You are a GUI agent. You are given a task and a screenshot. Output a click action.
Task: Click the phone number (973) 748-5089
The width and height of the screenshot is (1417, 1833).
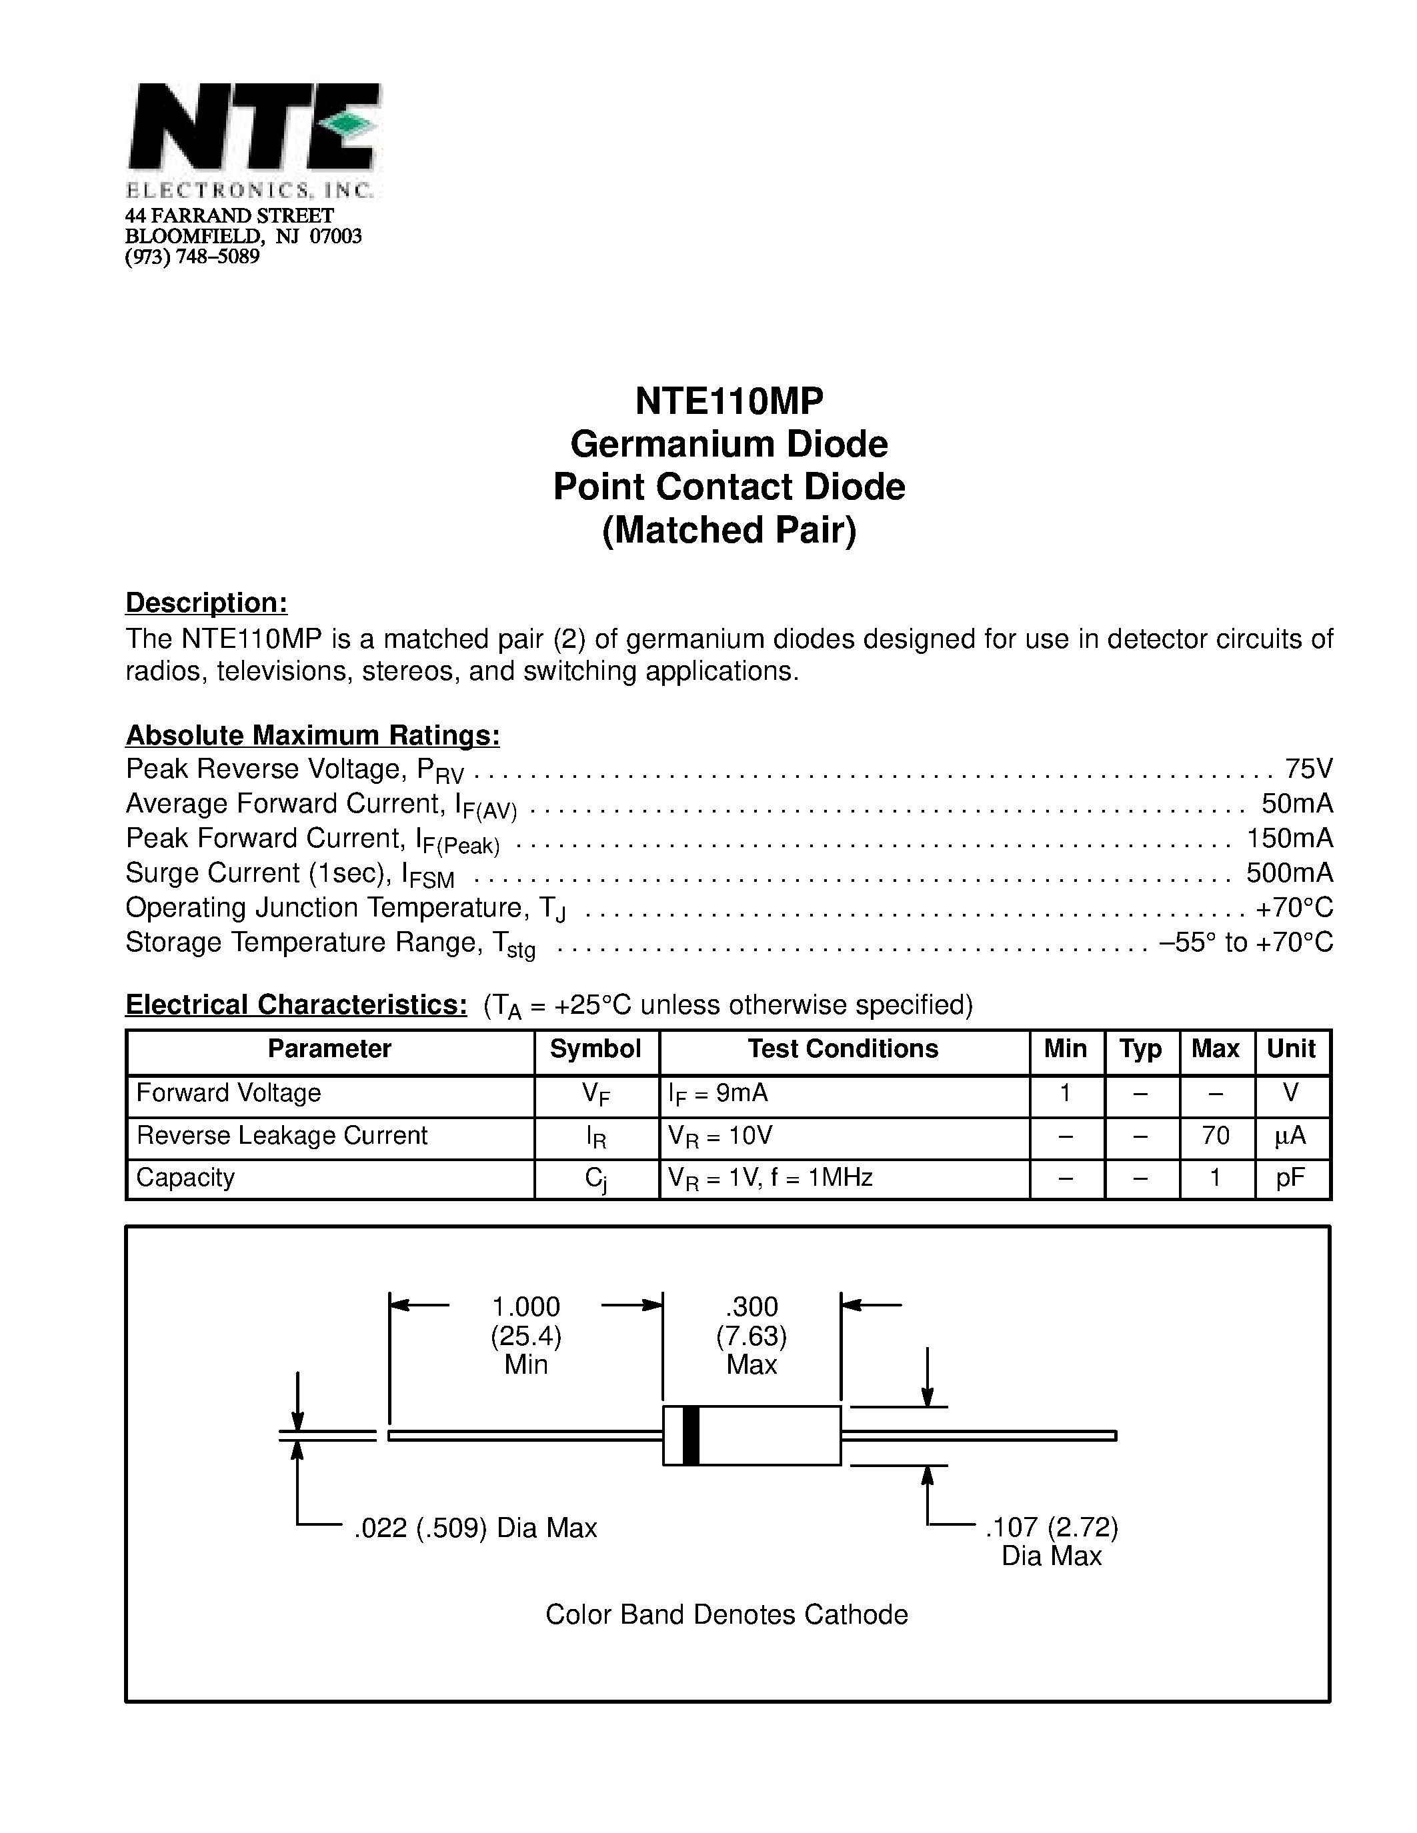192,257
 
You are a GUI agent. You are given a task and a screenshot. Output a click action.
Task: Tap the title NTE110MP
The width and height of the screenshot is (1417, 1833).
729,401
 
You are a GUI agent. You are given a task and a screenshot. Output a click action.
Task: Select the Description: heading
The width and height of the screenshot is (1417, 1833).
207,603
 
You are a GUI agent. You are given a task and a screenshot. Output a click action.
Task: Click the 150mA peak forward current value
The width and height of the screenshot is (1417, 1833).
1290,839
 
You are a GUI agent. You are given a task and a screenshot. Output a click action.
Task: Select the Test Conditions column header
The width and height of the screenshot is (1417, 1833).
843,1049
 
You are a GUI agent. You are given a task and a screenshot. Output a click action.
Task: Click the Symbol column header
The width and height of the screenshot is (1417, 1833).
595,1049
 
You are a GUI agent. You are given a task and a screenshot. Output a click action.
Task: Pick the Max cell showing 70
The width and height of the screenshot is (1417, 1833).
1216,1136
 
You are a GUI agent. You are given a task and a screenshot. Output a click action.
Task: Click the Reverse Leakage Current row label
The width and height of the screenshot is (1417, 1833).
282,1136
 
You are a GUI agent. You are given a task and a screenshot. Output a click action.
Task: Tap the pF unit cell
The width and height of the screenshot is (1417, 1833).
1290,1178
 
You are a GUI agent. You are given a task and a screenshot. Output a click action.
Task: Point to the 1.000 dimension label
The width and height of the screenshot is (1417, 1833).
525,1307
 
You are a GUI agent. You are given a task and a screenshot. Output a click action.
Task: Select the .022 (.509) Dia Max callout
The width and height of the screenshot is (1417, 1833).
475,1528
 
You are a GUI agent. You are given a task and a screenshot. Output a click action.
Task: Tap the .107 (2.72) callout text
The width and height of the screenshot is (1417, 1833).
1051,1528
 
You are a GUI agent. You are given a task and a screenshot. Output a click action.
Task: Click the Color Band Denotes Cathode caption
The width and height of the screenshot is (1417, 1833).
726,1615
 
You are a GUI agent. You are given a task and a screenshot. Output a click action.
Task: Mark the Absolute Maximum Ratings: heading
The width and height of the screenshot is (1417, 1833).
312,735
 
